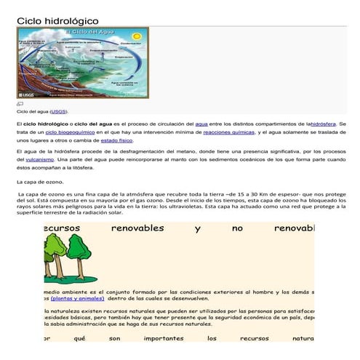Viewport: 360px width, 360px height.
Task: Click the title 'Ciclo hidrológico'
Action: tap(57, 21)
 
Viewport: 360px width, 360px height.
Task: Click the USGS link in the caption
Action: tap(58, 112)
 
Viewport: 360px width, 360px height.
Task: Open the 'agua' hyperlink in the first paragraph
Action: tap(201, 125)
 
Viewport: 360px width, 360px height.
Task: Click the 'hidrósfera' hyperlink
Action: tap(324, 125)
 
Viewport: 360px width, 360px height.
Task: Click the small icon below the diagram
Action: tap(20, 105)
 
